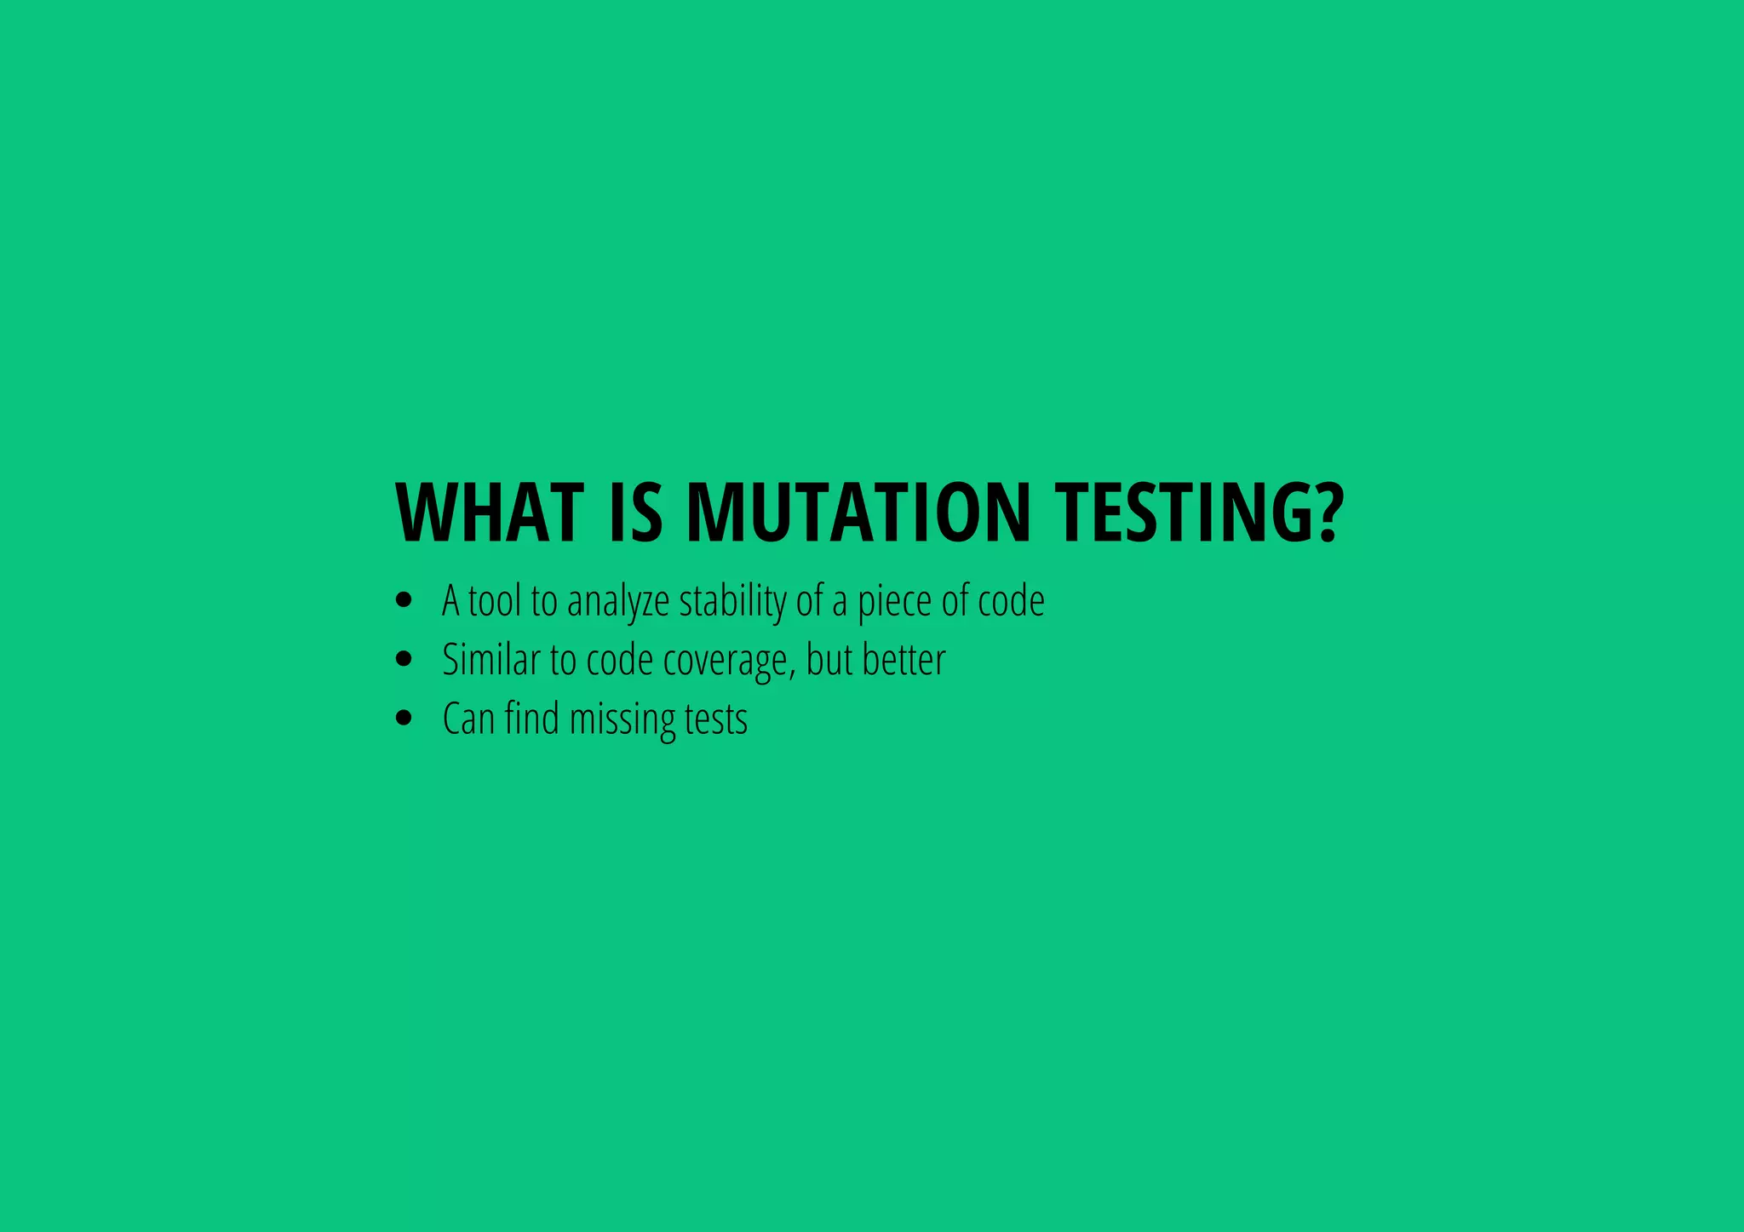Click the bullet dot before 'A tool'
tap(404, 601)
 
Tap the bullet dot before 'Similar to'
tap(404, 659)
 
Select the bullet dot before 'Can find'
tap(404, 718)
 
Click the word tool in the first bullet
tap(494, 601)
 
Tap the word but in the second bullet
tap(829, 660)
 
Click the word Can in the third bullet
tap(468, 719)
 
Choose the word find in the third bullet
tap(531, 719)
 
